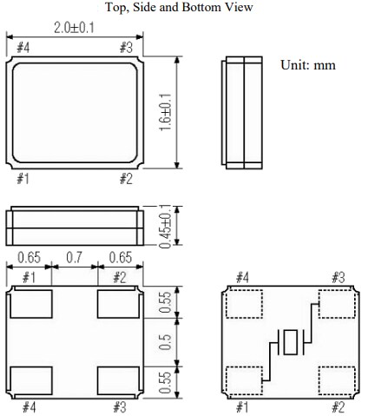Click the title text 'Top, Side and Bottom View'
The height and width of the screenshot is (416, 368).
pyautogui.click(x=180, y=8)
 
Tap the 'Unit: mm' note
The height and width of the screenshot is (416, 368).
pyautogui.click(x=308, y=65)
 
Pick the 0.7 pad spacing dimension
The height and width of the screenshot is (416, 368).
pyautogui.click(x=74, y=258)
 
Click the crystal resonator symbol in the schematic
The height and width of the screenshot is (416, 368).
pyautogui.click(x=289, y=342)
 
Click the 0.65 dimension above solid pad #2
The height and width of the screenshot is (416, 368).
pyautogui.click(x=118, y=258)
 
